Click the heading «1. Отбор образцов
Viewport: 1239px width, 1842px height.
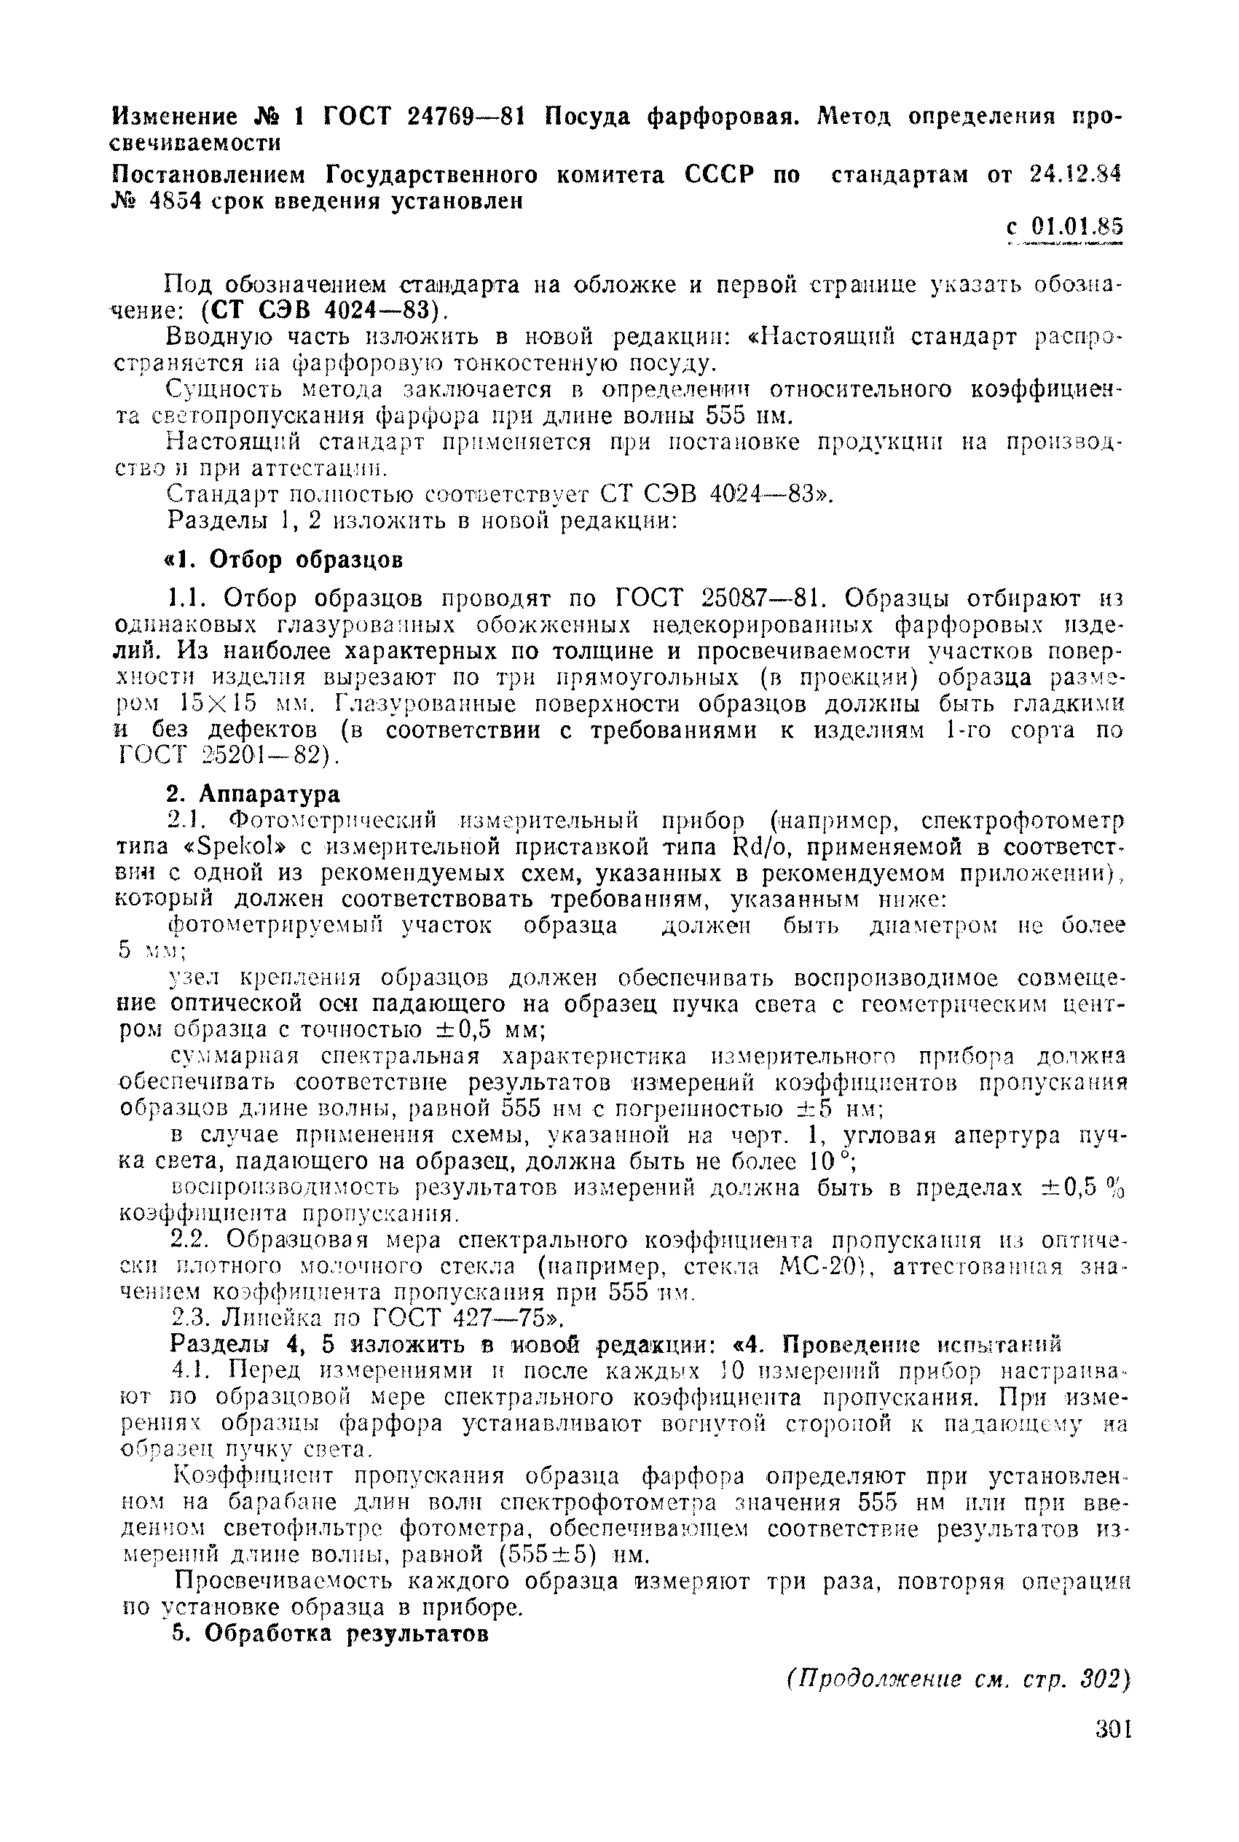[283, 561]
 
